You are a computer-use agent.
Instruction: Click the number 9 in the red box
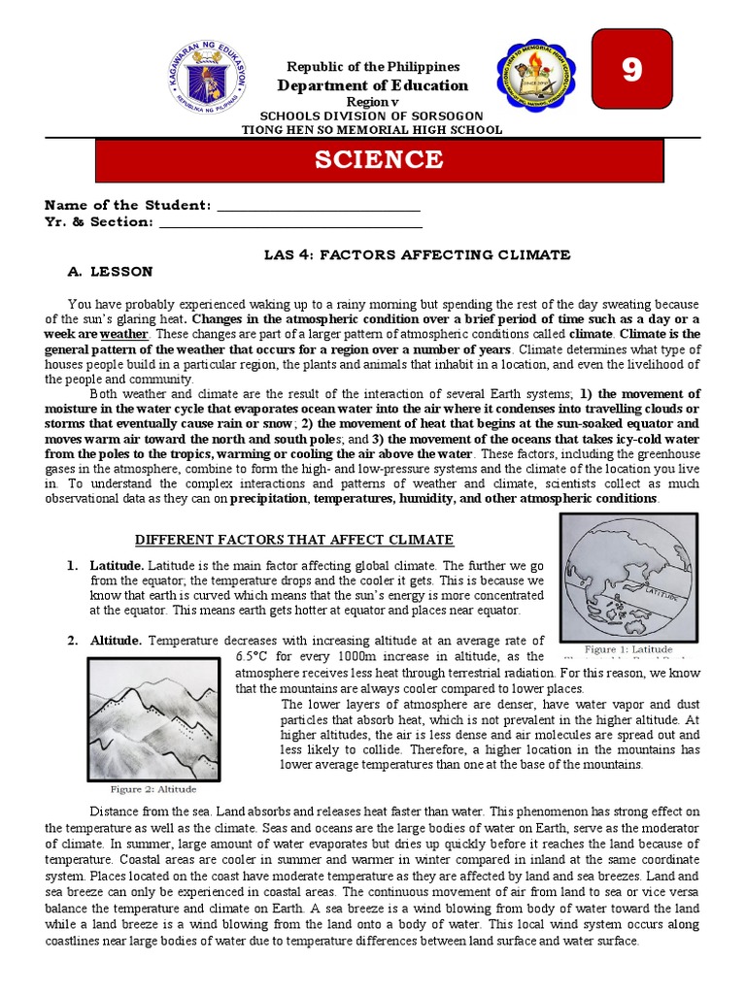(632, 72)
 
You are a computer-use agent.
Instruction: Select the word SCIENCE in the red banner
(379, 160)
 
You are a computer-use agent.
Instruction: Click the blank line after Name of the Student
(319, 206)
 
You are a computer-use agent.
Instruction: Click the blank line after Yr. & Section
(289, 222)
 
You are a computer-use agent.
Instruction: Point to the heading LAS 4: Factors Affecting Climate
(417, 254)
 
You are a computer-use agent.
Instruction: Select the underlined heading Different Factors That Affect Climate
(293, 540)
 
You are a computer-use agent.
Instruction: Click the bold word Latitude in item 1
(117, 565)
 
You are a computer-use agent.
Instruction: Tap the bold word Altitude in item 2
(116, 641)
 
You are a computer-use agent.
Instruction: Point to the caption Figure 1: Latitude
(627, 648)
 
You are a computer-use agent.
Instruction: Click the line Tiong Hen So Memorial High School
(372, 129)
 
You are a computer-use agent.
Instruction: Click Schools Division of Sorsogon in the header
(372, 116)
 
